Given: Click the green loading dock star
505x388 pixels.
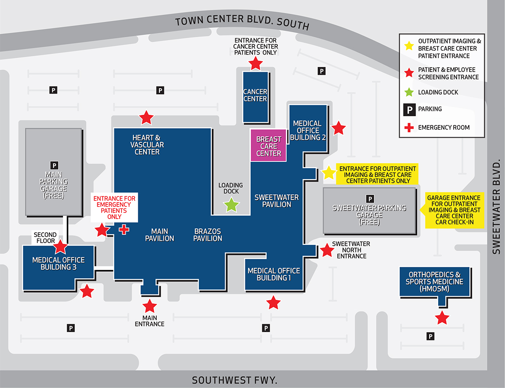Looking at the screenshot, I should click(x=231, y=205).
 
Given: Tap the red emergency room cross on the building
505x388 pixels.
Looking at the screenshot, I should click(x=124, y=229).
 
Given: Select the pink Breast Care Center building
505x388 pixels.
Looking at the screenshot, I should click(x=268, y=146).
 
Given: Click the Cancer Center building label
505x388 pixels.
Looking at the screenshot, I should click(x=255, y=95).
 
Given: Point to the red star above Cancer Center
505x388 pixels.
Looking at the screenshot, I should click(x=255, y=63).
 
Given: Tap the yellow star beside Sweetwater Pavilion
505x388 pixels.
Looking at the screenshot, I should click(x=329, y=173).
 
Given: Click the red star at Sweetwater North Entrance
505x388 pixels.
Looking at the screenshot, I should click(x=327, y=251).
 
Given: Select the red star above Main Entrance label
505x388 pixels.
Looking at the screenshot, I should click(x=150, y=306).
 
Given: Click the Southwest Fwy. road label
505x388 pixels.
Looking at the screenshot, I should click(x=234, y=380).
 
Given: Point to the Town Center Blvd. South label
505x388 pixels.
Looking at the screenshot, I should click(x=242, y=23).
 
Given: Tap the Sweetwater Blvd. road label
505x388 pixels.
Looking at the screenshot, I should click(x=497, y=207).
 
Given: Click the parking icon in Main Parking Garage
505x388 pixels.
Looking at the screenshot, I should click(x=54, y=165).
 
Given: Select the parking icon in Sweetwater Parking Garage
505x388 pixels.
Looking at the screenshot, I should click(x=370, y=199).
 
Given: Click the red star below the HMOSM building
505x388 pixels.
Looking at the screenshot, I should click(x=442, y=317).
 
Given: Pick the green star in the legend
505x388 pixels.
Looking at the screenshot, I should click(x=409, y=92).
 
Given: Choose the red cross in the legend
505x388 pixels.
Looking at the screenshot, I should click(x=409, y=128).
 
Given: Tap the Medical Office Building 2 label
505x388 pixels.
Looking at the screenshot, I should click(x=308, y=130).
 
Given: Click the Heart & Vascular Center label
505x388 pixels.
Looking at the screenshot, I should click(x=147, y=145).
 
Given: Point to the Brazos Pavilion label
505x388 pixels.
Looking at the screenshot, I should click(x=208, y=235).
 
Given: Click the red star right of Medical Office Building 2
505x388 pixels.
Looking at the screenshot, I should click(x=338, y=128).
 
